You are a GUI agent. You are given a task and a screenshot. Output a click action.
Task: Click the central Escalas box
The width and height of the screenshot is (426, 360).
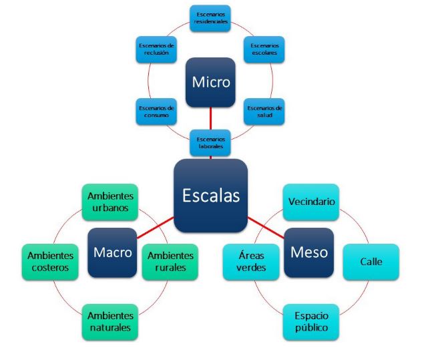210,195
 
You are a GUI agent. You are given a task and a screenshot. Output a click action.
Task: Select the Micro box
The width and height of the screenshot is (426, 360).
210,83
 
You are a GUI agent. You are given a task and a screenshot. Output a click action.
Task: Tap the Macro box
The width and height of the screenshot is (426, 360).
112,252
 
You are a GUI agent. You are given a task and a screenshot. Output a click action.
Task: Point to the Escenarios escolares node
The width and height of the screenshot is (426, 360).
264,49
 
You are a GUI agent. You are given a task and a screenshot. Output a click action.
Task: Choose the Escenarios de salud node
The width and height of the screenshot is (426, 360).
264,112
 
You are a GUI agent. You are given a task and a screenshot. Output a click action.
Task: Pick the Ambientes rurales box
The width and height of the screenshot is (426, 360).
170,262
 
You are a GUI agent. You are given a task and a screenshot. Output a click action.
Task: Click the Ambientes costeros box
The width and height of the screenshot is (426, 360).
49,262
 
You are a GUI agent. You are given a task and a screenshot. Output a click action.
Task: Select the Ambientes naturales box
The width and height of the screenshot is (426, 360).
110,322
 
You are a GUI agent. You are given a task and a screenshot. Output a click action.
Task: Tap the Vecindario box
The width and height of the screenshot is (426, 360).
311,202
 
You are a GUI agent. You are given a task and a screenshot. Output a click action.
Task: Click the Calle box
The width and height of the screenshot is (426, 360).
371,262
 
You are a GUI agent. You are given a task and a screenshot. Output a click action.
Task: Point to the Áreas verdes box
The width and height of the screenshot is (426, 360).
251,262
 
